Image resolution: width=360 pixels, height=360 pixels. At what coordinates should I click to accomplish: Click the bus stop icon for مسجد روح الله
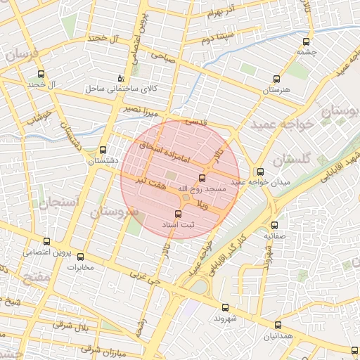203,178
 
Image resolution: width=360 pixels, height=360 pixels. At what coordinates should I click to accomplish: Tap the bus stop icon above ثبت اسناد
177,213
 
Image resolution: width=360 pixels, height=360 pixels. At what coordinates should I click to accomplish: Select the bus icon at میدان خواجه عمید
261,171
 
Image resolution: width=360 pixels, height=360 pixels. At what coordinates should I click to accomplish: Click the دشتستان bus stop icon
103,150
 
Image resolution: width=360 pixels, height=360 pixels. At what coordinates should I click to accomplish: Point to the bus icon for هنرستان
275,79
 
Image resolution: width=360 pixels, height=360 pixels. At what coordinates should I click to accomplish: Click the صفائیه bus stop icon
274,225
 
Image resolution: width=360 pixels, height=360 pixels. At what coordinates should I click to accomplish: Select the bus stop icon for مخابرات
80,257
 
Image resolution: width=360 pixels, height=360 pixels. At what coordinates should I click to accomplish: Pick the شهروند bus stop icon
225,307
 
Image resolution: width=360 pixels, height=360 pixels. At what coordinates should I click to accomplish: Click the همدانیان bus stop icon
278,325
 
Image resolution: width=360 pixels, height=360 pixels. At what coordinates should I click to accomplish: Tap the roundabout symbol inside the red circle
186,200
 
